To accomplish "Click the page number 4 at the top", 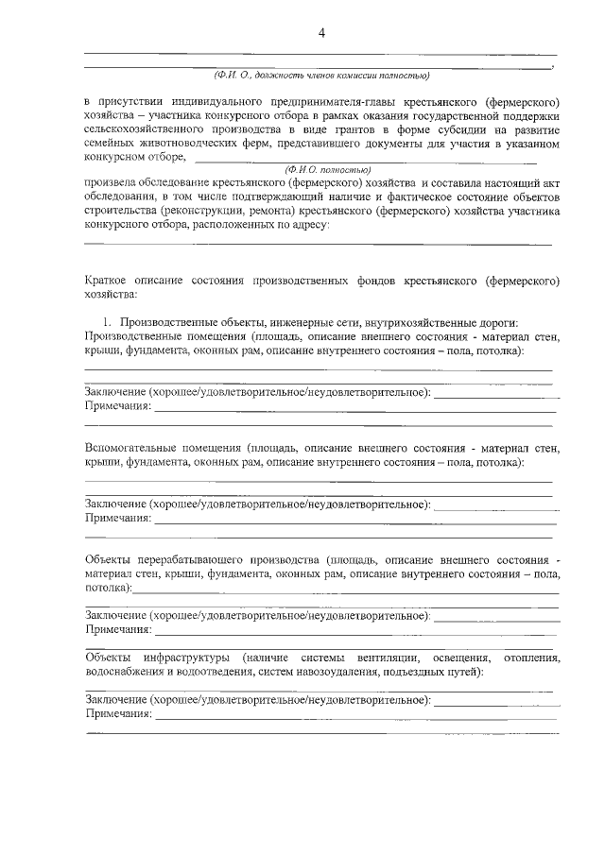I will tap(321, 34).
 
